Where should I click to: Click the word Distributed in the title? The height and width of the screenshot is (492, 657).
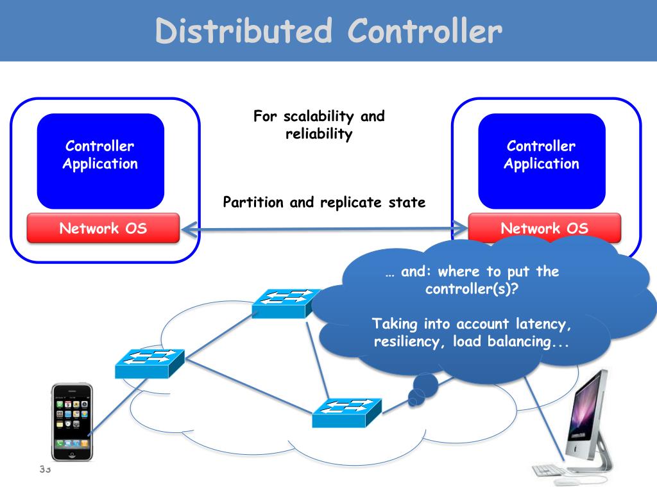244,31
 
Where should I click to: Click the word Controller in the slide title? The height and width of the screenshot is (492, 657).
425,31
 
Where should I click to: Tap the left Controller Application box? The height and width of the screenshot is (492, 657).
101,161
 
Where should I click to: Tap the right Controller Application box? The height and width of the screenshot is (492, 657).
542,161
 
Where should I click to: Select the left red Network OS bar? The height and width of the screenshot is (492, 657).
103,228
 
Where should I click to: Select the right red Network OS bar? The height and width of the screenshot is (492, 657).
544,228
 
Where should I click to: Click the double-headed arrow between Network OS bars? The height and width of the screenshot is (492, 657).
325,229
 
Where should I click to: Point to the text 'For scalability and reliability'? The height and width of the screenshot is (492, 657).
319,125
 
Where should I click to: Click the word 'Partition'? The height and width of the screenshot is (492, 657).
253,202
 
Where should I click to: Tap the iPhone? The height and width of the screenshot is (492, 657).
72,422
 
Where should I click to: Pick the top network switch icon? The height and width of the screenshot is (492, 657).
287,303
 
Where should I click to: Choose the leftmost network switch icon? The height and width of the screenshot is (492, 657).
149,364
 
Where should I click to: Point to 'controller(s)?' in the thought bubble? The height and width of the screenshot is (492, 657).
472,289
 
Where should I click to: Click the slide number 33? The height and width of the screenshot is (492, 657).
46,469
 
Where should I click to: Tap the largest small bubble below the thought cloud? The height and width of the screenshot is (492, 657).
425,385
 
